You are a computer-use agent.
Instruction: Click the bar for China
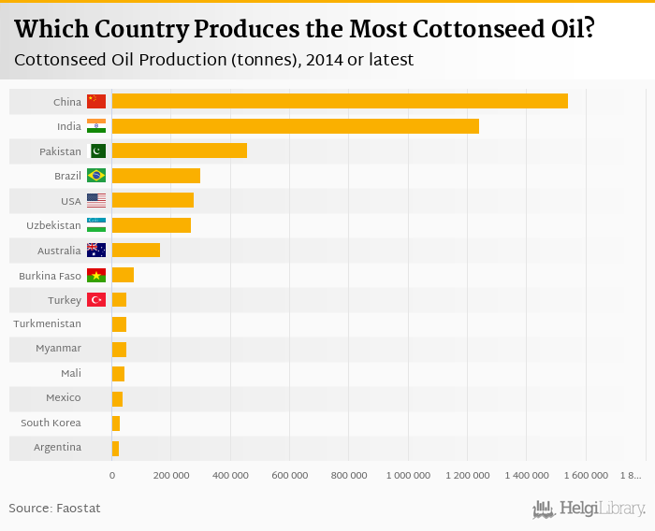point(339,101)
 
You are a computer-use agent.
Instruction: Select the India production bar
point(295,126)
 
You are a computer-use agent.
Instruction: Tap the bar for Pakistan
point(179,151)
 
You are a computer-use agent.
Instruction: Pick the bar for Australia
point(136,250)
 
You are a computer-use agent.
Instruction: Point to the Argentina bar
point(115,448)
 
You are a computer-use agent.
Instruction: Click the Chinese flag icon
point(95,101)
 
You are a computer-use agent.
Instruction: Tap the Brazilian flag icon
point(95,175)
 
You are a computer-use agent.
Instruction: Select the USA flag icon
point(95,200)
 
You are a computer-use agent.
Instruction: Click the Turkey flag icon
point(95,299)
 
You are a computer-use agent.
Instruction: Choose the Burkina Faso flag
point(95,275)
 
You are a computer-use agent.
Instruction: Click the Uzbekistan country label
point(55,225)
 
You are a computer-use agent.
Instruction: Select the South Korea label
point(51,423)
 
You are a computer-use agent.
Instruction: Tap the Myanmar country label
point(59,349)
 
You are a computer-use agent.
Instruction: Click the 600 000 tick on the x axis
point(289,476)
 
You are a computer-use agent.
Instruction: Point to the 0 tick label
point(112,476)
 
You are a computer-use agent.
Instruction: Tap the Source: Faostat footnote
point(54,508)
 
